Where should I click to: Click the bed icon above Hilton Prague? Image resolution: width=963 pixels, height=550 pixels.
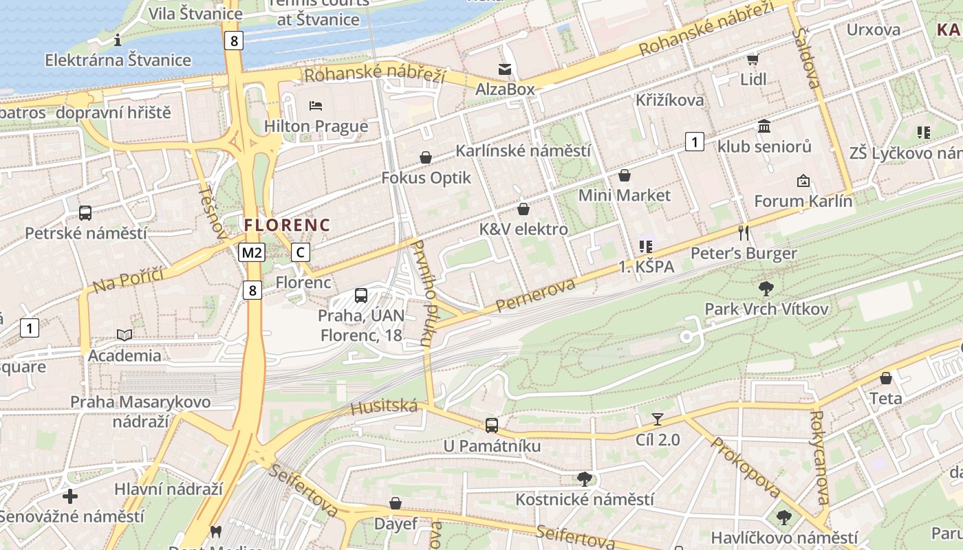(316, 105)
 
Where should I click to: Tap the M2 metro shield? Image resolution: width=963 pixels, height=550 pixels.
(252, 252)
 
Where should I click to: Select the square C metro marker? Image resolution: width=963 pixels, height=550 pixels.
(300, 252)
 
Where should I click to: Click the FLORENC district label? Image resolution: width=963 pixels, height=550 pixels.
(287, 225)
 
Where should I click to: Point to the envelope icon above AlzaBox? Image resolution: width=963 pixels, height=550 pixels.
(505, 69)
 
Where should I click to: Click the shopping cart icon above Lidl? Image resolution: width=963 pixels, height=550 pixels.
(753, 59)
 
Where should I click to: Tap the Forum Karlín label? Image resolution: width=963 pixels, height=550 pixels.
(803, 201)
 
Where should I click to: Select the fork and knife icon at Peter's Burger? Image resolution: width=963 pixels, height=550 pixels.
(743, 232)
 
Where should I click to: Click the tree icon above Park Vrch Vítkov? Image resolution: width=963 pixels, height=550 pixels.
(766, 289)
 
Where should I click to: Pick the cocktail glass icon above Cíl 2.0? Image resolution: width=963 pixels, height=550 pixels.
(658, 419)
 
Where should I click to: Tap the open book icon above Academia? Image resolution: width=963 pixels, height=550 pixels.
(125, 335)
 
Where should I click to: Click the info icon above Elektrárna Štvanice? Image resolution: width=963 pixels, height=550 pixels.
(118, 40)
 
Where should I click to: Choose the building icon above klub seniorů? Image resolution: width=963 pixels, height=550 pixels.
(764, 126)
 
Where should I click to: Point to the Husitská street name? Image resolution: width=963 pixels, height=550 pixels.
(384, 407)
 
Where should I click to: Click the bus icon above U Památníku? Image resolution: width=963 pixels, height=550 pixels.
(491, 426)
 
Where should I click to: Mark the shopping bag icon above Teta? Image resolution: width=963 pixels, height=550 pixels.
(886, 378)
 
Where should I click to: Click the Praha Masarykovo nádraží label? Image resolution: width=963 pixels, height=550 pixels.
(140, 410)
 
